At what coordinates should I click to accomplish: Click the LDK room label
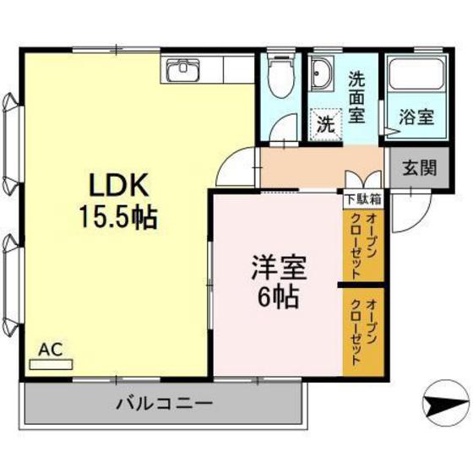[x=117, y=185]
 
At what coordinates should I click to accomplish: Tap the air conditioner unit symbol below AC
[x=52, y=365]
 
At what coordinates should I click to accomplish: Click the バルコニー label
[x=164, y=403]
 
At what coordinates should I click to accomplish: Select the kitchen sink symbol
[x=181, y=71]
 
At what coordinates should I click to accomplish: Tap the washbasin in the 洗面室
[x=321, y=79]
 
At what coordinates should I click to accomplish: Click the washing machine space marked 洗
[x=325, y=123]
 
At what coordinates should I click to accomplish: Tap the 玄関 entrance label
[x=419, y=166]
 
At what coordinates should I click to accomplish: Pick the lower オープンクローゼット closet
[x=364, y=329]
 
